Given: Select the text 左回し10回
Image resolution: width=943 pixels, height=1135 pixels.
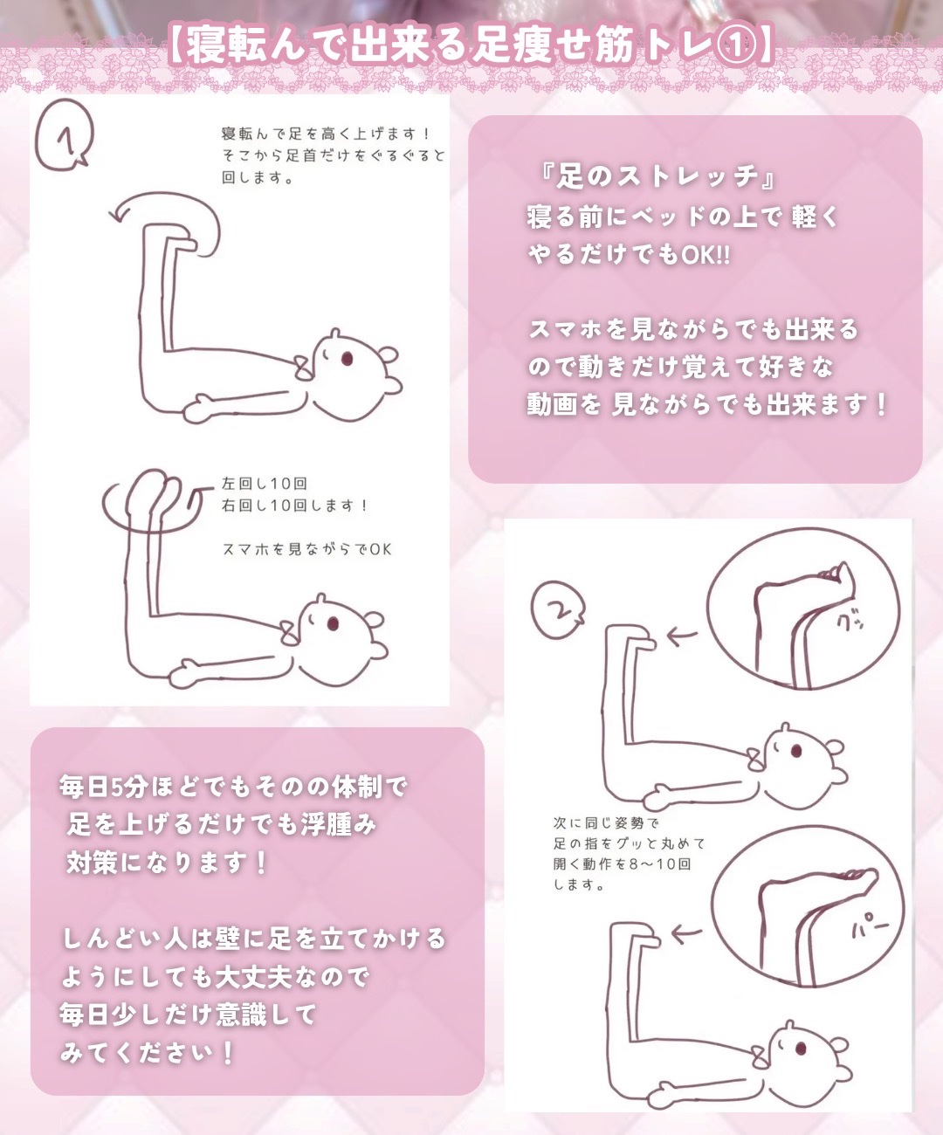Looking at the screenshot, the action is [265, 483].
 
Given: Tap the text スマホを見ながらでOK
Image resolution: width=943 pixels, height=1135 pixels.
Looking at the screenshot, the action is [306, 549].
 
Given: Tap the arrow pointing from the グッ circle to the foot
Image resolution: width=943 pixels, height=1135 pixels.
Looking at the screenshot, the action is [681, 636].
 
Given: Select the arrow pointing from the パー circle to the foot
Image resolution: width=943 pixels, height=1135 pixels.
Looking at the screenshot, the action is [686, 934].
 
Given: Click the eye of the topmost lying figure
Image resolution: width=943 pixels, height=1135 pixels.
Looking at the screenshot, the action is [347, 359].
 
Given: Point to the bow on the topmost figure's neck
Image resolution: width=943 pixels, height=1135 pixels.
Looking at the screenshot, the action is [303, 368].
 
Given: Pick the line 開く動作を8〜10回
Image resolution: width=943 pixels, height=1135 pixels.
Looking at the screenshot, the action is [622, 863].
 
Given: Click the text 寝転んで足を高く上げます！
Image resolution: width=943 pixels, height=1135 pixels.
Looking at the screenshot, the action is [327, 134].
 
